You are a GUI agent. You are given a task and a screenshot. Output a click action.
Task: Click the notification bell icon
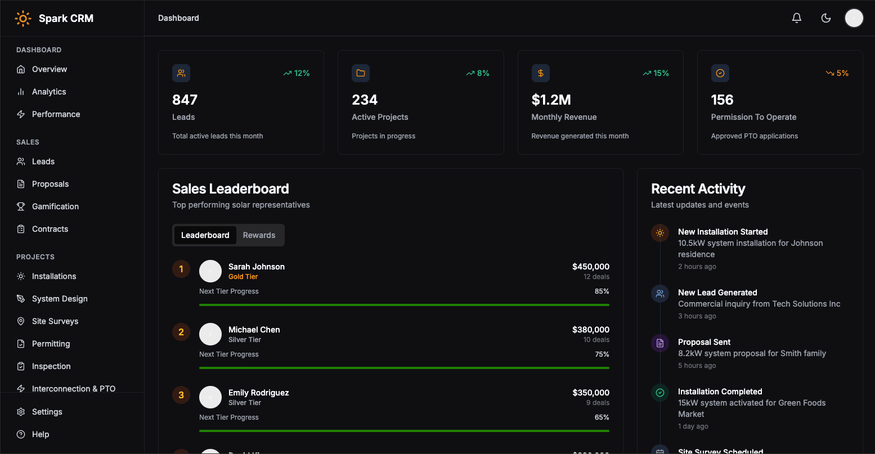pyautogui.click(x=796, y=18)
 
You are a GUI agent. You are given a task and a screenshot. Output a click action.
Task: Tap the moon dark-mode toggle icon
pyautogui.click(x=826, y=18)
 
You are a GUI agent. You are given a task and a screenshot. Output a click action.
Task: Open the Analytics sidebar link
pyautogui.click(x=49, y=92)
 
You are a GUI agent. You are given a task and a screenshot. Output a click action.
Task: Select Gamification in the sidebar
pyautogui.click(x=55, y=206)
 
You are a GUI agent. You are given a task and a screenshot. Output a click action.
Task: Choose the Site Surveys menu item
pyautogui.click(x=55, y=321)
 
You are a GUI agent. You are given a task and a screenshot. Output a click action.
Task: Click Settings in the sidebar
pyautogui.click(x=47, y=412)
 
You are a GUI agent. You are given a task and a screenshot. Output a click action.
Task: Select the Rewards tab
pyautogui.click(x=259, y=235)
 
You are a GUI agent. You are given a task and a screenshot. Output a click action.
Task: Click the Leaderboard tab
pyautogui.click(x=205, y=235)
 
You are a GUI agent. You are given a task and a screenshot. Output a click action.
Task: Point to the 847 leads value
pyautogui.click(x=185, y=100)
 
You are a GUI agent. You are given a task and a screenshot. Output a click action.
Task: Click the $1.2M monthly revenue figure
pyautogui.click(x=551, y=100)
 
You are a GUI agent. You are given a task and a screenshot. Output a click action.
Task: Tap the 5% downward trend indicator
pyautogui.click(x=837, y=73)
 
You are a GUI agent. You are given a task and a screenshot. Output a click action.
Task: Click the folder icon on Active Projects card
pyautogui.click(x=361, y=73)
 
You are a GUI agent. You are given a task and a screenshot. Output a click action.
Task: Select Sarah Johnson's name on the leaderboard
pyautogui.click(x=256, y=267)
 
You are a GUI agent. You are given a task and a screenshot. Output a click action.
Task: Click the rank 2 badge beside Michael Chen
pyautogui.click(x=181, y=332)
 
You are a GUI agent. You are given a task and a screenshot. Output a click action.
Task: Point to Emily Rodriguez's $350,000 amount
pyautogui.click(x=591, y=393)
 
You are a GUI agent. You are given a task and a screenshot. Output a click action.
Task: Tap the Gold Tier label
pyautogui.click(x=243, y=277)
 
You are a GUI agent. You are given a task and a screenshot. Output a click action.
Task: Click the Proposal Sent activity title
pyautogui.click(x=704, y=342)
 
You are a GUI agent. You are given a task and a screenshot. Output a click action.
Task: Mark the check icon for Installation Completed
pyautogui.click(x=659, y=393)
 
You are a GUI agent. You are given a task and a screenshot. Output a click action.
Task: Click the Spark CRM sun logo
pyautogui.click(x=23, y=19)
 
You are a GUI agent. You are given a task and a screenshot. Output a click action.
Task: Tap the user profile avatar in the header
pyautogui.click(x=854, y=18)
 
